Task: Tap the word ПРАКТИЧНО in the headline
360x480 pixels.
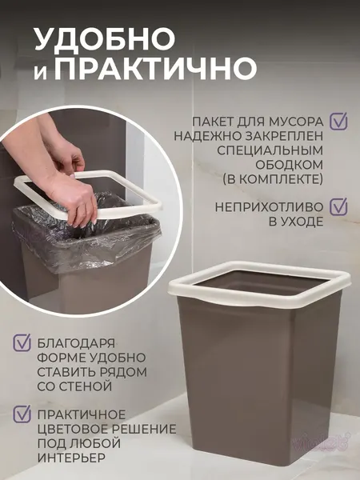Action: (x=157, y=68)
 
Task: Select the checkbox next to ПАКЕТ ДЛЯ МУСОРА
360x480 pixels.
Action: (x=339, y=121)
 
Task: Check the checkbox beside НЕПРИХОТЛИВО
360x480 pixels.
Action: (x=339, y=206)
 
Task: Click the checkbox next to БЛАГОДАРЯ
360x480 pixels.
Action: (x=22, y=343)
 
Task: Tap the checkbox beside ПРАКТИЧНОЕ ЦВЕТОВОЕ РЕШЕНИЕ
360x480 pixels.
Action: (x=22, y=414)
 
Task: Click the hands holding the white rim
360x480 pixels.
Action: (x=77, y=180)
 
